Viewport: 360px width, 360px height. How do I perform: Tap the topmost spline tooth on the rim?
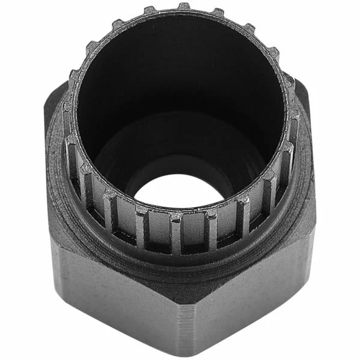[184, 7]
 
